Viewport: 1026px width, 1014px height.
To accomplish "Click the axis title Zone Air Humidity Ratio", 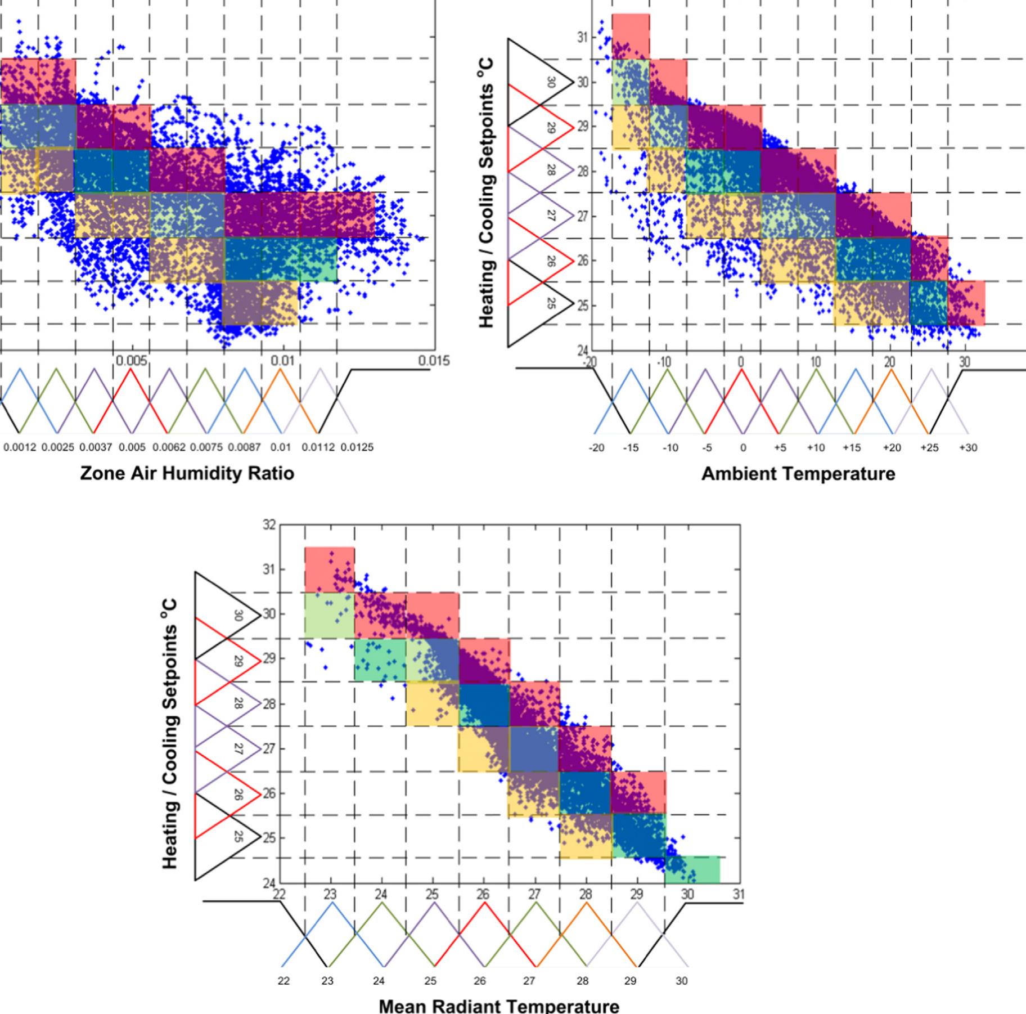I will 187,473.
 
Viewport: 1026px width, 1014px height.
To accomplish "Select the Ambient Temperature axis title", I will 798,474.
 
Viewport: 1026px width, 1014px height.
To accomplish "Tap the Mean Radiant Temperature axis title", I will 499,1005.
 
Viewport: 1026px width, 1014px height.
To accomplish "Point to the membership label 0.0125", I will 357,448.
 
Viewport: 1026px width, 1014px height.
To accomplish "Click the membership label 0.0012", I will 20,448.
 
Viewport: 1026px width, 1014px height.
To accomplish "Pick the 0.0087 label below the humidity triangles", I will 245,448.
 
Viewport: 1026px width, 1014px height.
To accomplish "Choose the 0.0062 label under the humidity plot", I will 169,448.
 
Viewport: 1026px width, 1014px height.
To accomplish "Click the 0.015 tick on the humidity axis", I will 434,361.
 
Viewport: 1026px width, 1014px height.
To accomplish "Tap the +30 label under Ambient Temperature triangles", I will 967,448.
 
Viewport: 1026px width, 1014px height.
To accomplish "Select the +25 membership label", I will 929,448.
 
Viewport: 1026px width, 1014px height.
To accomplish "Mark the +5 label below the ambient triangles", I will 779,448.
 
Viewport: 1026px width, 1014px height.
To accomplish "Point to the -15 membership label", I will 631,448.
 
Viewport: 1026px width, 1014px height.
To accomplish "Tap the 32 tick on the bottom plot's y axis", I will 269,525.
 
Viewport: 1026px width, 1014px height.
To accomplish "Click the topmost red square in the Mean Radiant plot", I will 330,569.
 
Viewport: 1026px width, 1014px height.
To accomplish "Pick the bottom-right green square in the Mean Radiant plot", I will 692,870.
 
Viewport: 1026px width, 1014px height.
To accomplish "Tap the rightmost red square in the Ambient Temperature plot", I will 966,303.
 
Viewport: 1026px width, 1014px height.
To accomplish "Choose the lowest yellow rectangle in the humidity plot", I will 260,303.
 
